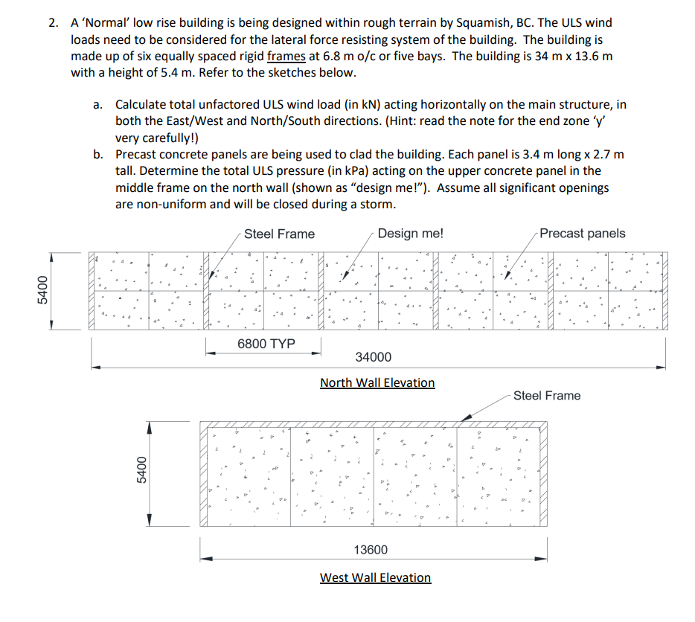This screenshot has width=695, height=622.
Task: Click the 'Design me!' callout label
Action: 410,234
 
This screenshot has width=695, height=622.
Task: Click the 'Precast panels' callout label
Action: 583,234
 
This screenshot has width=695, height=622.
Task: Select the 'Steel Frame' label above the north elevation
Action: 279,234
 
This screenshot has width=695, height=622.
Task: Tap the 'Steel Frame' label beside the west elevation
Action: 547,396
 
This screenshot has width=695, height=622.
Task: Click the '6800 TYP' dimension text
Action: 266,344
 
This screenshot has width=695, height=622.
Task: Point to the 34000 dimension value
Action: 374,358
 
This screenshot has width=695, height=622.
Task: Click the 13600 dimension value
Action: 371,550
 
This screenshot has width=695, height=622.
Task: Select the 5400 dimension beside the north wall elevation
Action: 42,291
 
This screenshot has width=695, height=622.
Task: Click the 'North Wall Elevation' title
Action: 377,382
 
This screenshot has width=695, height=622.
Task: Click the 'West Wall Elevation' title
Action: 375,577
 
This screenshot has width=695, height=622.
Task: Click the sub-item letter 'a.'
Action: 98,106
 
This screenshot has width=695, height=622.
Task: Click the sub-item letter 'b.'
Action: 98,155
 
